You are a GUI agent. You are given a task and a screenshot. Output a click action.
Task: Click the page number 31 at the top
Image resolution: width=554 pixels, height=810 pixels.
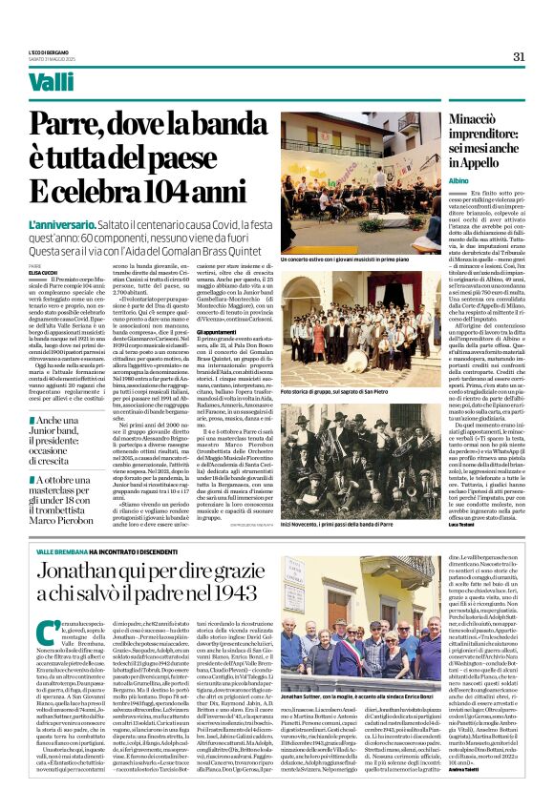click(519, 55)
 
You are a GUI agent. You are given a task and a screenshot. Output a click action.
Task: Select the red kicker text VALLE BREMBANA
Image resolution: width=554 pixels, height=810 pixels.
click(87, 552)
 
